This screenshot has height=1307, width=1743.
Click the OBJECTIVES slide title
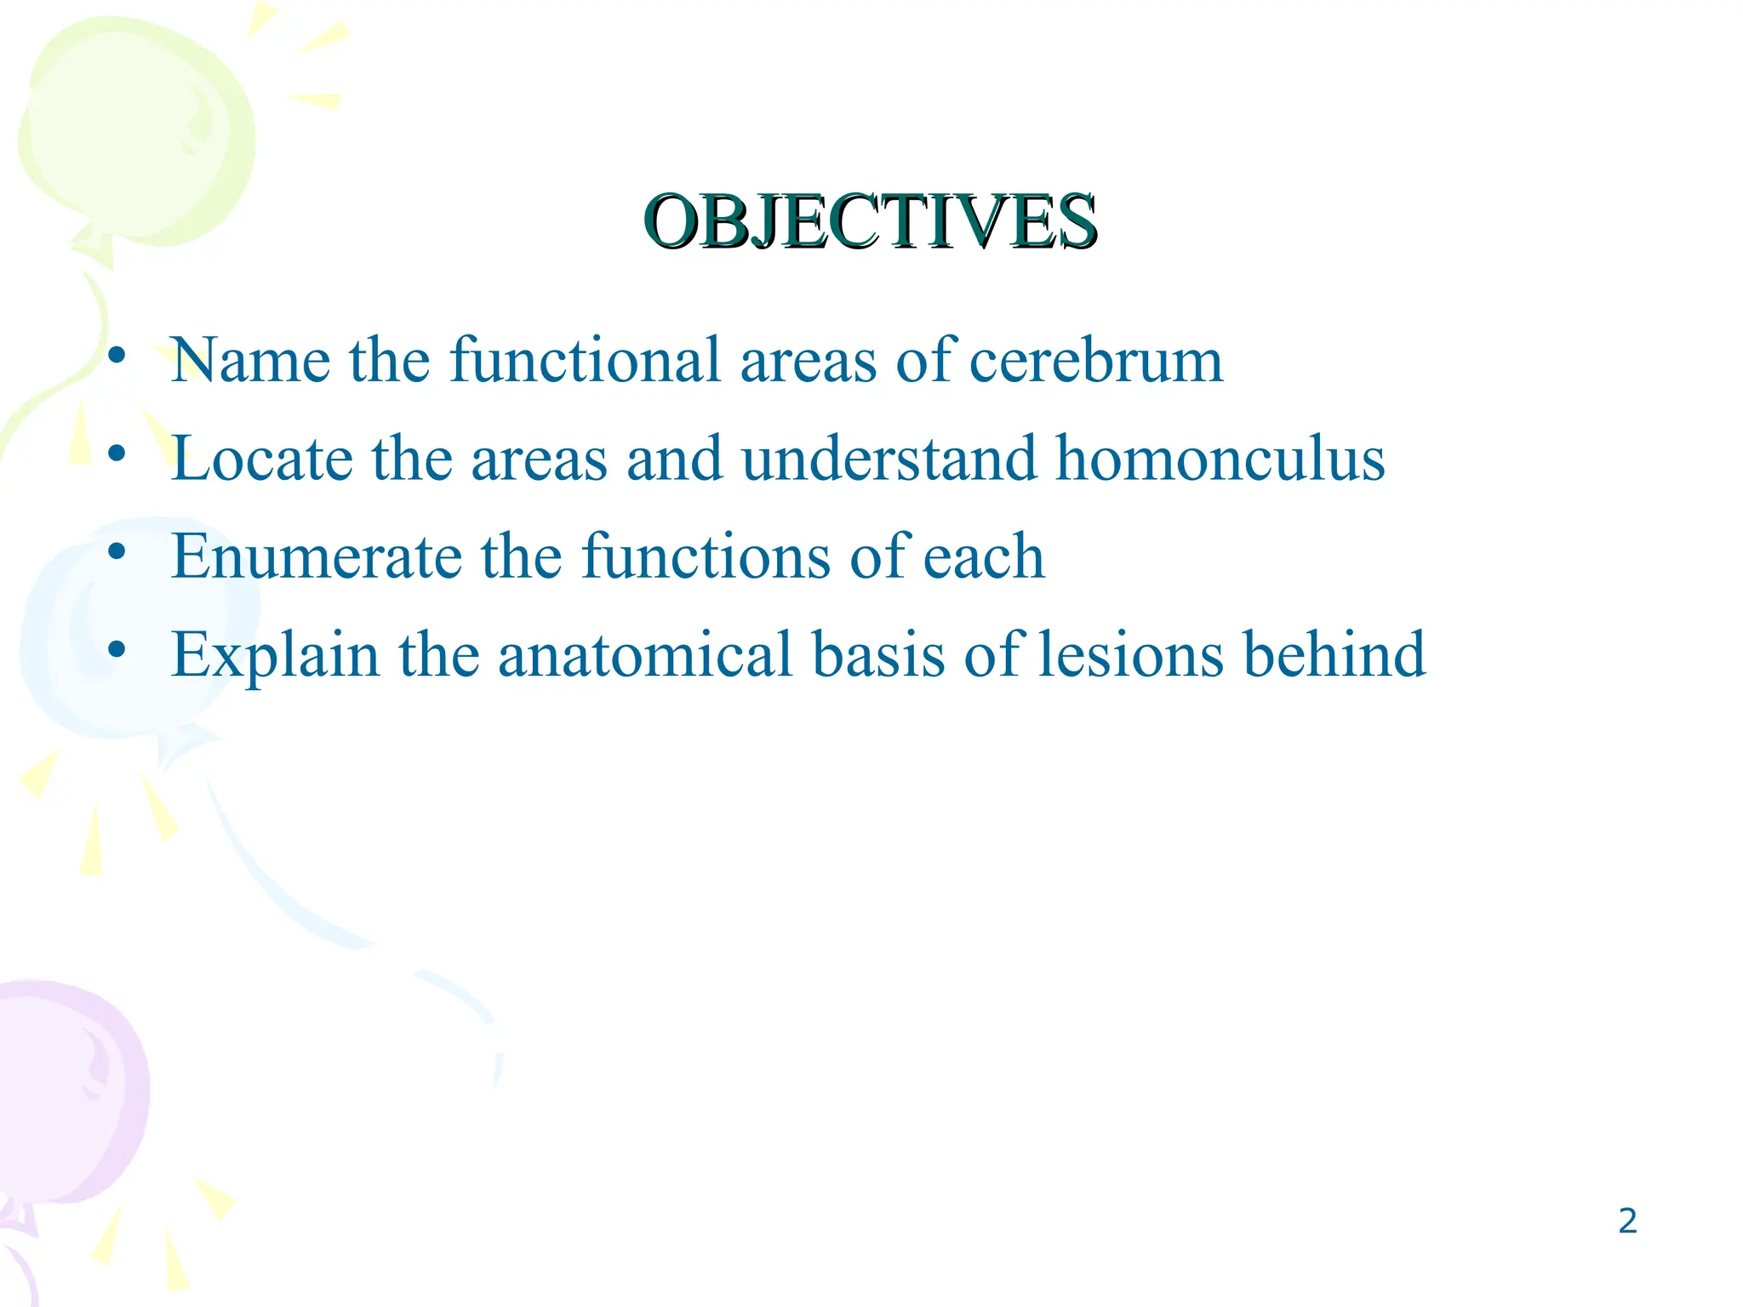tap(871, 221)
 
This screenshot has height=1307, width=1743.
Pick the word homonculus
tap(1220, 457)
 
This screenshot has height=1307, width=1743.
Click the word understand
tap(889, 457)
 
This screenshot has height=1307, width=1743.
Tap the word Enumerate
tap(317, 556)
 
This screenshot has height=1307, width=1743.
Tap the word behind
tap(1334, 653)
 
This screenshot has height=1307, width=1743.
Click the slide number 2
tap(1627, 1221)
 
